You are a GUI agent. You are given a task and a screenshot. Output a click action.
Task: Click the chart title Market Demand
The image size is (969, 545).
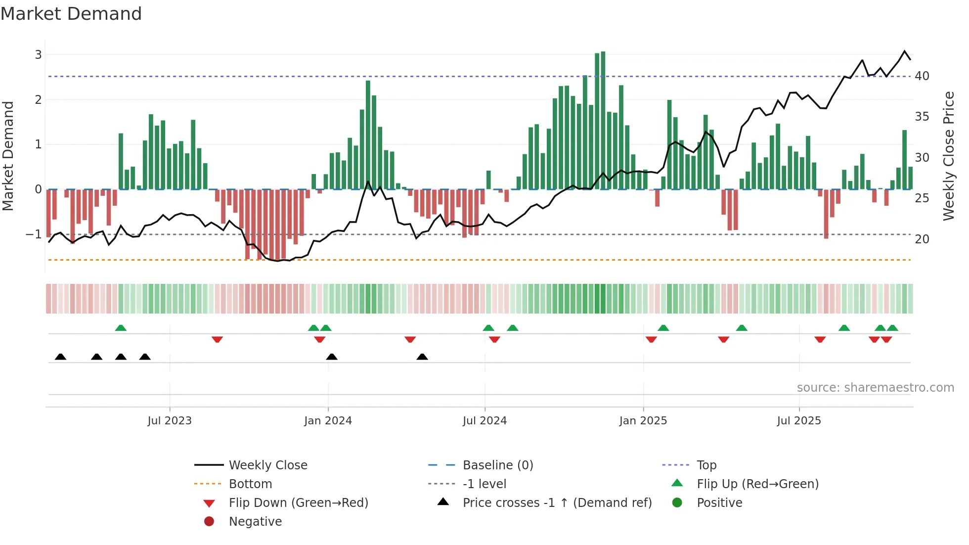click(x=71, y=14)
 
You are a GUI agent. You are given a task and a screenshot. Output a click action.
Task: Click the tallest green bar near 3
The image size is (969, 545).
click(x=603, y=119)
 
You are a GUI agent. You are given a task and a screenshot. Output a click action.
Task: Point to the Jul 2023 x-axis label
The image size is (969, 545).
click(x=169, y=421)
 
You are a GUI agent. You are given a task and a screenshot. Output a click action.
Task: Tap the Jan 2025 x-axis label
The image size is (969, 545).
click(x=643, y=421)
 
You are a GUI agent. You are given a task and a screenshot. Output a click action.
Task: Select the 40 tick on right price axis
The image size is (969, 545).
click(x=922, y=76)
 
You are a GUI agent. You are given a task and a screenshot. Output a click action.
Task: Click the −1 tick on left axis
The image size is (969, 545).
click(x=34, y=234)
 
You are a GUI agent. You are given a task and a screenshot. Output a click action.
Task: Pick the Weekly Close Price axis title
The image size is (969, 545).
click(x=948, y=156)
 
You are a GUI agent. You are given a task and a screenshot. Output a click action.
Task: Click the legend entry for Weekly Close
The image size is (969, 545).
click(x=267, y=465)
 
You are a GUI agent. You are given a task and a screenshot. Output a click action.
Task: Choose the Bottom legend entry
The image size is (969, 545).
click(x=250, y=484)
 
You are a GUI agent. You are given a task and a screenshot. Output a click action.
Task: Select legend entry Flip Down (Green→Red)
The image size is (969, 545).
click(x=298, y=503)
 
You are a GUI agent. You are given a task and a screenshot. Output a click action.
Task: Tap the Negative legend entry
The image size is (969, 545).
click(x=255, y=522)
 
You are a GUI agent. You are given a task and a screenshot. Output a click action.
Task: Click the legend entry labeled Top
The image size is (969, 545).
click(x=706, y=465)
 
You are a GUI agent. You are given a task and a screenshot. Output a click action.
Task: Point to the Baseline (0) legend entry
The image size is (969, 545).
click(x=497, y=465)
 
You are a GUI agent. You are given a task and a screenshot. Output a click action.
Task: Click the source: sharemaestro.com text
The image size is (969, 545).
click(x=875, y=388)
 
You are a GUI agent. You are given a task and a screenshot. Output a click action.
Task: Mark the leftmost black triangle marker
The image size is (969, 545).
click(x=60, y=357)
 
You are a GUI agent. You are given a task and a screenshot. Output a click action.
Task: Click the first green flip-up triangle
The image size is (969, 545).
click(x=121, y=327)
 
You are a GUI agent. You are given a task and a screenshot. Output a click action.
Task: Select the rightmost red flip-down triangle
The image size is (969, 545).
click(x=886, y=339)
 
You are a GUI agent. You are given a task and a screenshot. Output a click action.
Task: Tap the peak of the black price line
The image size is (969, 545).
click(x=905, y=51)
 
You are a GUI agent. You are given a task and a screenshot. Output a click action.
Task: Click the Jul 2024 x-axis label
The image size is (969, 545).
click(x=484, y=421)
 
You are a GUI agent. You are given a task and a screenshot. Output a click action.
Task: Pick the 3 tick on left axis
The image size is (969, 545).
click(x=38, y=54)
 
